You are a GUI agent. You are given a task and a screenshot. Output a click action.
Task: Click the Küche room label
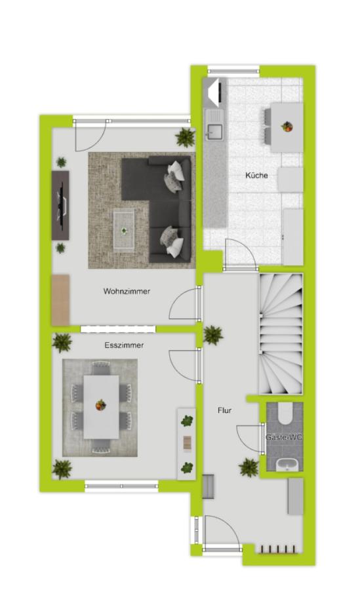[256, 175]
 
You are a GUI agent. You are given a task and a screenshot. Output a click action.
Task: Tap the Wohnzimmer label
[127, 291]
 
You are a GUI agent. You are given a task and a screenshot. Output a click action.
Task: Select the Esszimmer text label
[124, 345]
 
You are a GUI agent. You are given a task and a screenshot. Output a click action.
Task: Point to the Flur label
[224, 410]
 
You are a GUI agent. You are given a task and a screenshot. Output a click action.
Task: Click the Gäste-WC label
[284, 437]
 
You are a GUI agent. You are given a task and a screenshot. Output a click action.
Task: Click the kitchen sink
[214, 132]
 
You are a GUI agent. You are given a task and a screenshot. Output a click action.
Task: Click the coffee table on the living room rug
[124, 230]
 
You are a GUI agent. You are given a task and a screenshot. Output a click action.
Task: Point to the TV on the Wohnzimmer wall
[61, 205]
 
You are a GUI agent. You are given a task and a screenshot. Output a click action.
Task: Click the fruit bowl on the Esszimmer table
[100, 405]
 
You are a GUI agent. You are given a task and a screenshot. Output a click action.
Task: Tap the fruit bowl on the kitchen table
[287, 127]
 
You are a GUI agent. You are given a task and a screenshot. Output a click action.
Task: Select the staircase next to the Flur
[281, 334]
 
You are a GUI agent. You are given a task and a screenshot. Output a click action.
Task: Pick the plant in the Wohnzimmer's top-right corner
[186, 137]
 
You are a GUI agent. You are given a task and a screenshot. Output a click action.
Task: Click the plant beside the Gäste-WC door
[249, 467]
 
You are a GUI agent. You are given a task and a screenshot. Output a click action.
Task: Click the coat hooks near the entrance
[279, 550]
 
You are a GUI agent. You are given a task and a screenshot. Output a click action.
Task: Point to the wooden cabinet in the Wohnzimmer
[60, 300]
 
